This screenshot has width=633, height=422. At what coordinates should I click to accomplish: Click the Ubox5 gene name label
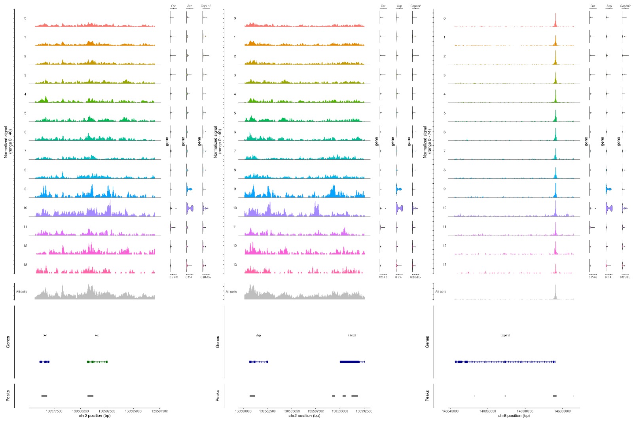pyautogui.click(x=352, y=335)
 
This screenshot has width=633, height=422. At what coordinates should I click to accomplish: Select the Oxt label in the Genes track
pyautogui.click(x=45, y=335)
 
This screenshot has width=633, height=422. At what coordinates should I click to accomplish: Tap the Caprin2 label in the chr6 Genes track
pyautogui.click(x=505, y=335)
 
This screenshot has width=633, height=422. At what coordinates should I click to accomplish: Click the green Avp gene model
pyautogui.click(x=97, y=362)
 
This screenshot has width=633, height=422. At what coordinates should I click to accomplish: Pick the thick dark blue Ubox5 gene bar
pyautogui.click(x=350, y=362)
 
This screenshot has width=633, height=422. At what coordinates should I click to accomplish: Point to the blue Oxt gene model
pyautogui.click(x=44, y=362)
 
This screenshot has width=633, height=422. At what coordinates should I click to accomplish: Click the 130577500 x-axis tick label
pyautogui.click(x=54, y=411)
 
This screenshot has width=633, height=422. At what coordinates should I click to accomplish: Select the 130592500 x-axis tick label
pyautogui.click(x=364, y=411)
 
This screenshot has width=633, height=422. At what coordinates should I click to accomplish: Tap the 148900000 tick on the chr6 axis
pyautogui.click(x=562, y=411)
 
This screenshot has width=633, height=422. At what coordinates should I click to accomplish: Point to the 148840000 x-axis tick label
pyautogui.click(x=450, y=411)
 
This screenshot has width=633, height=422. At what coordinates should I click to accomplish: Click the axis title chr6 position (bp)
pyautogui.click(x=514, y=416)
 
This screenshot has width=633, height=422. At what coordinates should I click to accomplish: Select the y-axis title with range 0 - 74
pyautogui.click(x=427, y=142)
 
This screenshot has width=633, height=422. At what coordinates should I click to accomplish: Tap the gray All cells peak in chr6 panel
pyautogui.click(x=555, y=294)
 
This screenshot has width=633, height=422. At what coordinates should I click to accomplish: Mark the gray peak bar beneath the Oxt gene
pyautogui.click(x=44, y=396)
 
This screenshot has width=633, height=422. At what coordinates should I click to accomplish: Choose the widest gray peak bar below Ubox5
pyautogui.click(x=354, y=396)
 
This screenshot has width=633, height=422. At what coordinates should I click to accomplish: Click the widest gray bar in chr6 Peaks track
pyautogui.click(x=555, y=396)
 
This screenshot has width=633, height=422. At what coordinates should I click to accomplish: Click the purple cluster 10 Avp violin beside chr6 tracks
pyautogui.click(x=609, y=208)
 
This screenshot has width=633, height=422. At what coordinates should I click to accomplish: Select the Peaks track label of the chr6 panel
pyautogui.click(x=427, y=395)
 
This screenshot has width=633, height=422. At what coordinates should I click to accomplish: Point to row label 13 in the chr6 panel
pyautogui.click(x=444, y=265)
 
